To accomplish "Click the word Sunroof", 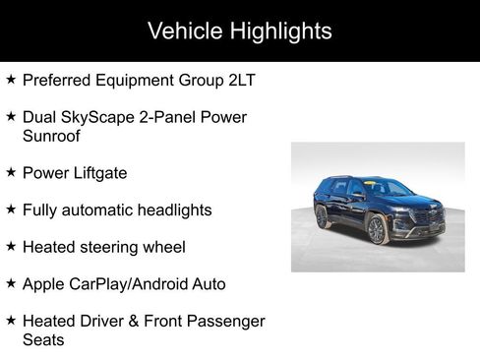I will pyautogui.click(x=52, y=136).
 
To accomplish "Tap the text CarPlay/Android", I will pyautogui.click(x=128, y=284).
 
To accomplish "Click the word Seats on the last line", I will pyautogui.click(x=43, y=340).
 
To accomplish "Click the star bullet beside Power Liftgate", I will pyautogui.click(x=11, y=172).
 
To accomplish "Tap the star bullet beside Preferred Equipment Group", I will pyautogui.click(x=11, y=79).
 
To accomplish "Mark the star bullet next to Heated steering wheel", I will pyautogui.click(x=11, y=246).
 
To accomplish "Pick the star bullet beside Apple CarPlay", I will pyautogui.click(x=11, y=283).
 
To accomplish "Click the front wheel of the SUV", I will pyautogui.click(x=376, y=231).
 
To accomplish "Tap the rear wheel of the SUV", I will pyautogui.click(x=324, y=217).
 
